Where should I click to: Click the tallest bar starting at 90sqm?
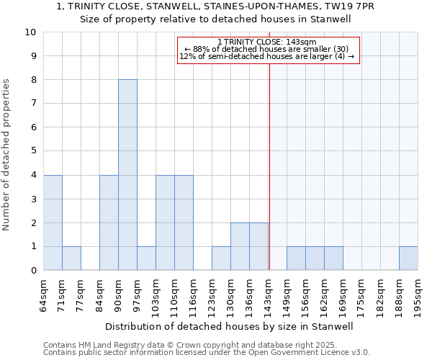pos(127,175)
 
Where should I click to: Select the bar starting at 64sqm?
pos(53,222)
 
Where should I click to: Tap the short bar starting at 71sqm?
pos(71,258)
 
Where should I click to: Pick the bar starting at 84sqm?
pos(109,222)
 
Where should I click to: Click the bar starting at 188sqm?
pos(408,258)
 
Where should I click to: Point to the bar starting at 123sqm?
pos(221,258)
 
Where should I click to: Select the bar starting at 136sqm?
pos(258,246)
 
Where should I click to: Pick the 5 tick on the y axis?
pos(33,151)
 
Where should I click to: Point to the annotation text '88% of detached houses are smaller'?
pos(267,49)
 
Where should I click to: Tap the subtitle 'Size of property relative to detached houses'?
pos(215,19)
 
